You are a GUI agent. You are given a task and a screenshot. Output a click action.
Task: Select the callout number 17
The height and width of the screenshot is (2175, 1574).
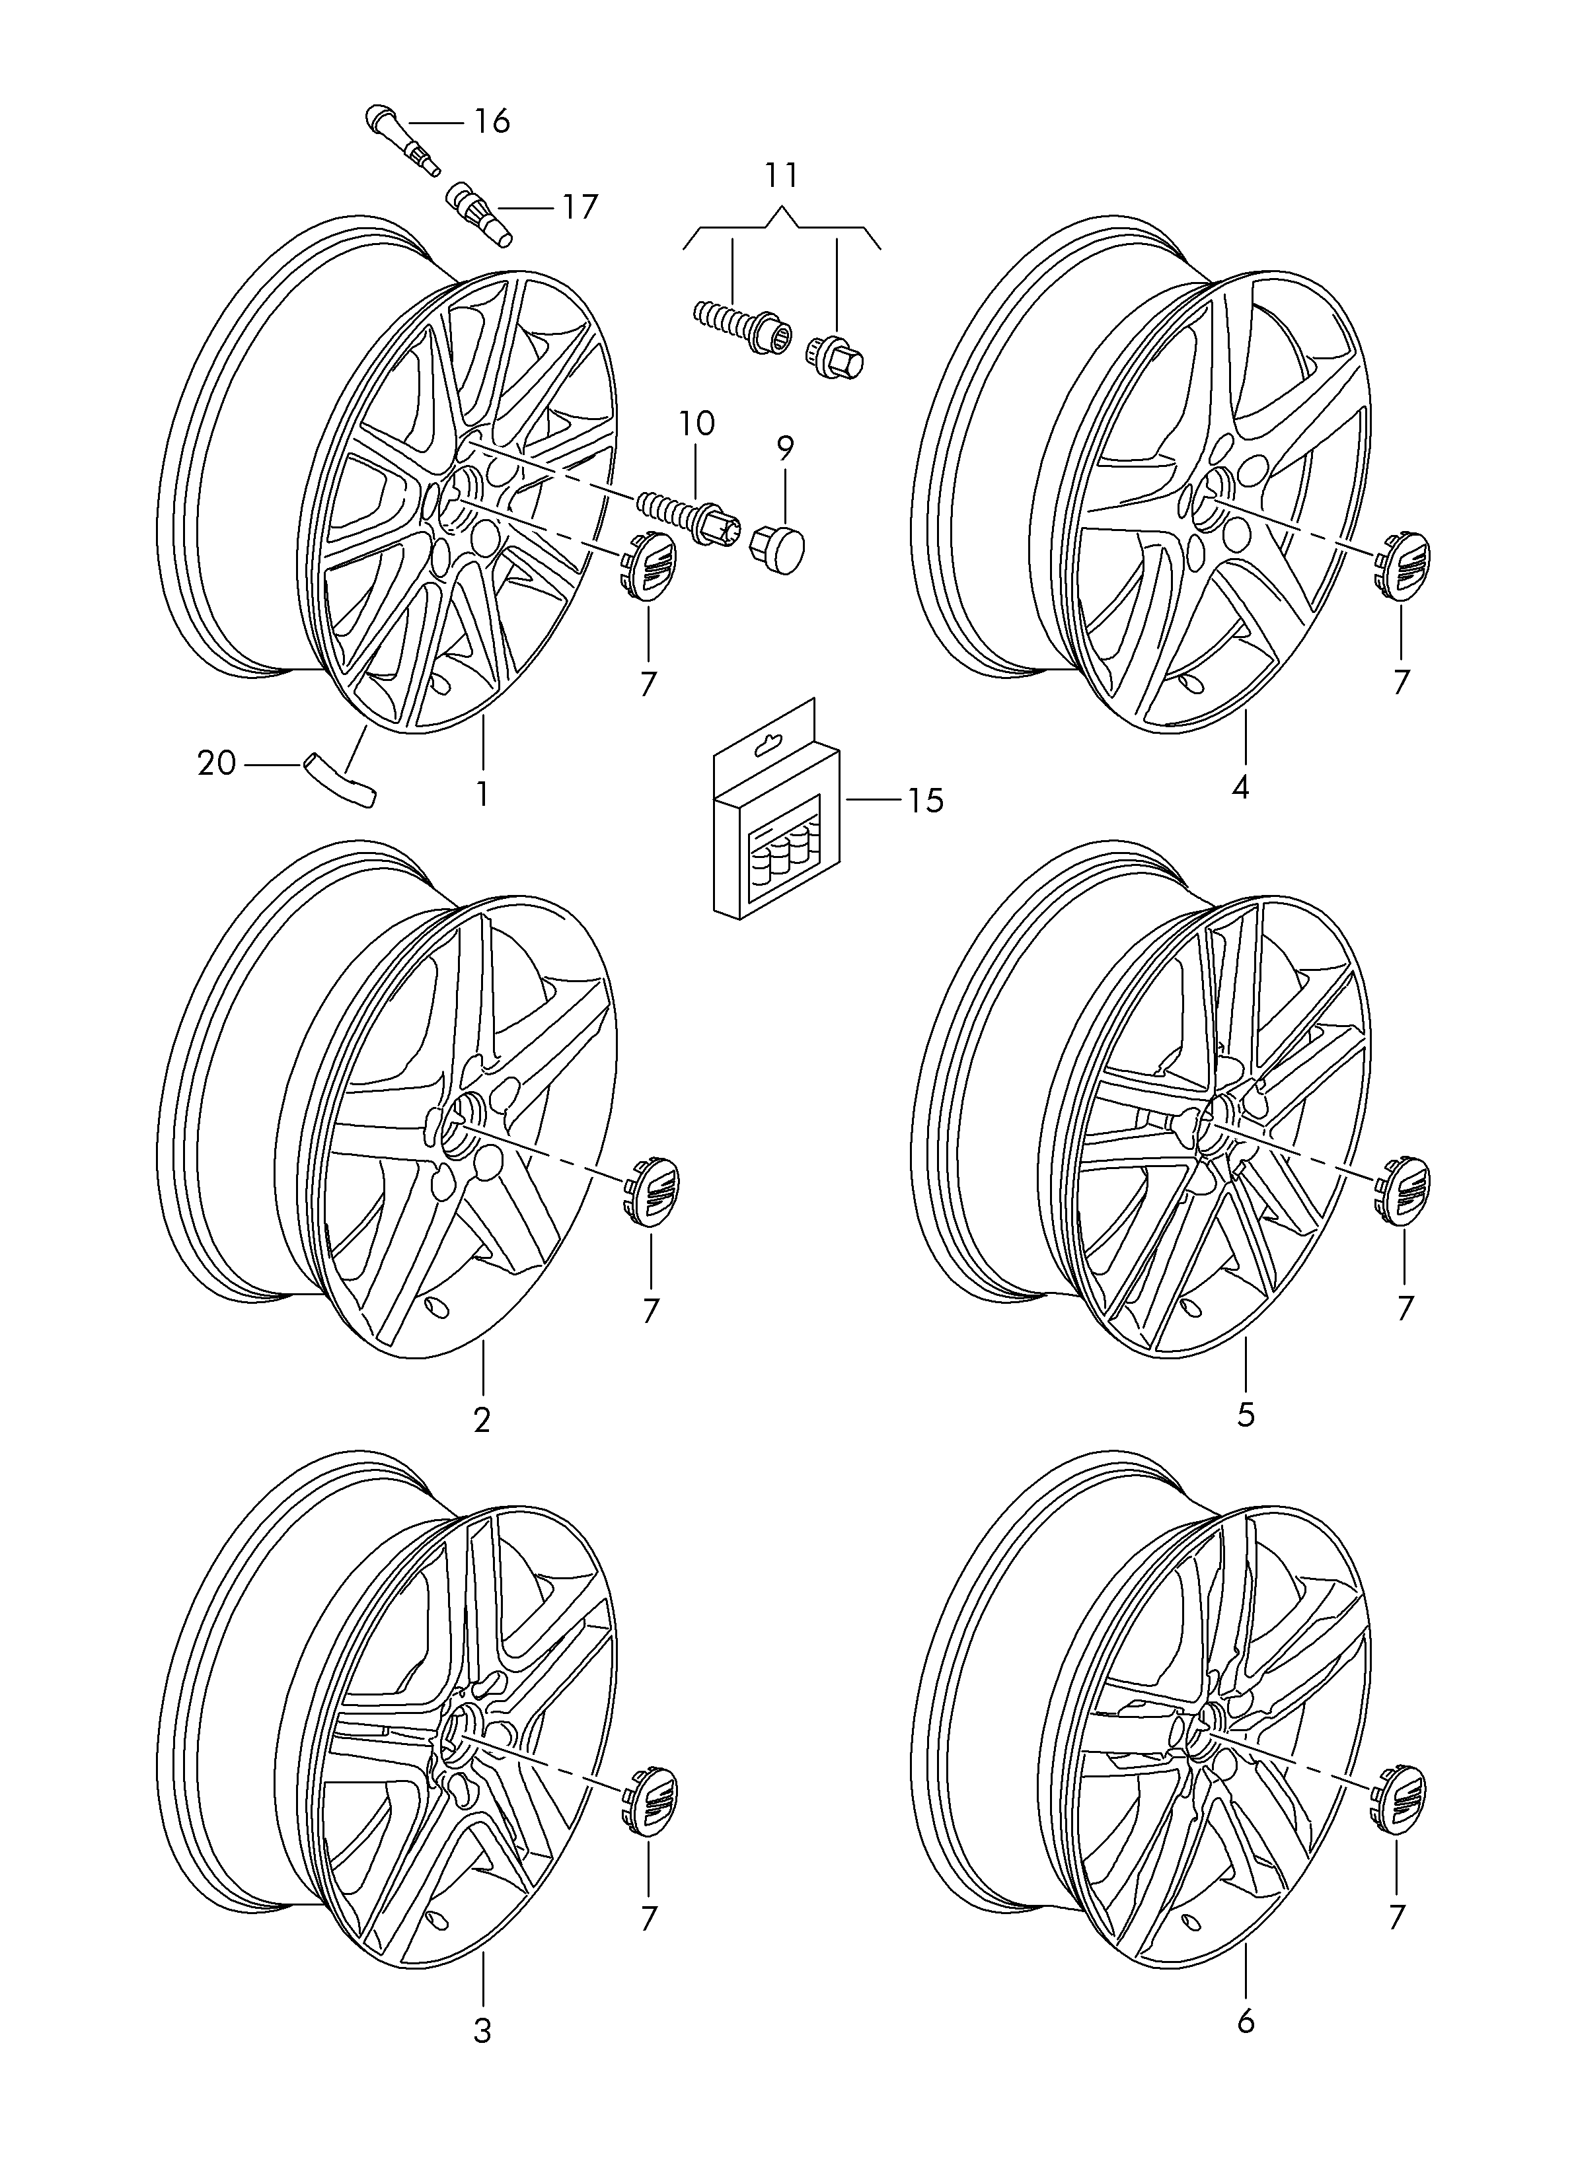(580, 206)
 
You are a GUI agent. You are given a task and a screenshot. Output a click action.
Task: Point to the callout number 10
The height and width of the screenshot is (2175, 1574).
(697, 423)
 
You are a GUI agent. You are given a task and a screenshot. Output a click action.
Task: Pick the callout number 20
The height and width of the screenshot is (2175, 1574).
(216, 764)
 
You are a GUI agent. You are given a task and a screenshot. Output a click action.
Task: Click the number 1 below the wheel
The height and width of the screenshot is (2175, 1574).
(482, 794)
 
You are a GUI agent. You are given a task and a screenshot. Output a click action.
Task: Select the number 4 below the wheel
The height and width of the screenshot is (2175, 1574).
(1240, 788)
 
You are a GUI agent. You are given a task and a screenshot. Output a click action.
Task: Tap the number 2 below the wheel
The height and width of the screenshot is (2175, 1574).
(482, 1420)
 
